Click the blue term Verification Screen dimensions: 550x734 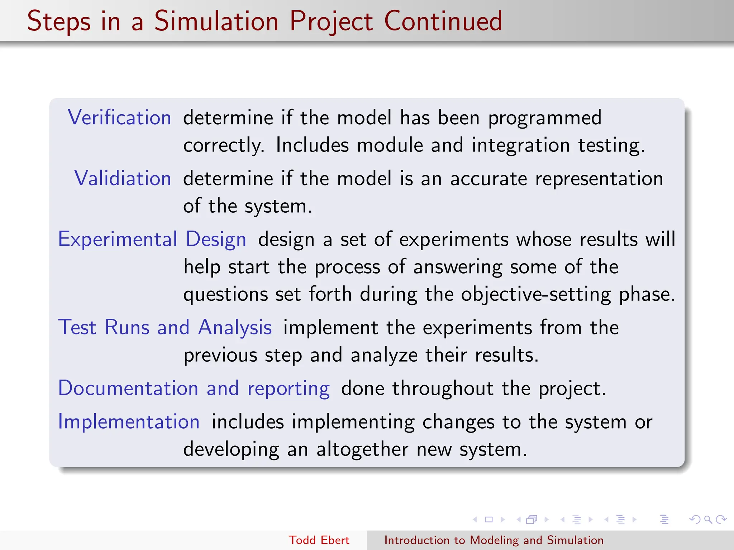119,117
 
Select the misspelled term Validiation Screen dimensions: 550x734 123,178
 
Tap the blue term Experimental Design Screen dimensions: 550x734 152,239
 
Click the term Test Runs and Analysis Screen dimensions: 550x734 165,327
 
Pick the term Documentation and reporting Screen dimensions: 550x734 194,388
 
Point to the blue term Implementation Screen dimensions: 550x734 129,421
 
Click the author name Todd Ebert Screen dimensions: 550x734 319,540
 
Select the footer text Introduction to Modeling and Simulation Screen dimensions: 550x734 494,540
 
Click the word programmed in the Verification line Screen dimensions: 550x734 545,118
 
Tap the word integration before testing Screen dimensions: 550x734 520,145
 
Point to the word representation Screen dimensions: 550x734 599,179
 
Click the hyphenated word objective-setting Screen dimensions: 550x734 536,294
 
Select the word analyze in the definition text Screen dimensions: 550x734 384,356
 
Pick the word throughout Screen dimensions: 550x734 443,389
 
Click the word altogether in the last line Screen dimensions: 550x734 362,449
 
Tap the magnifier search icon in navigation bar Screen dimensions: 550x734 708,519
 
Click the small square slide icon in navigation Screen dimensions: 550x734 488,519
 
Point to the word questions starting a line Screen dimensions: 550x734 225,295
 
